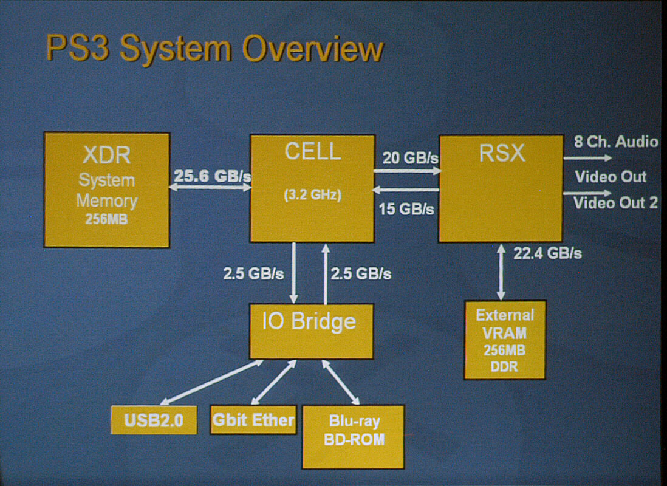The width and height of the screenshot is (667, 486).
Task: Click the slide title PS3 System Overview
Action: coord(215,50)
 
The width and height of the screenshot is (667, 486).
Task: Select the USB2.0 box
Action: coord(154,420)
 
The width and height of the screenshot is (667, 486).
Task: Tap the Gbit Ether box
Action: coord(253,420)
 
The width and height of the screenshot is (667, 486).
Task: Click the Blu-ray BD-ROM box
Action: coord(353,437)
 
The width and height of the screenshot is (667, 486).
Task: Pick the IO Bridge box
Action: coord(312,331)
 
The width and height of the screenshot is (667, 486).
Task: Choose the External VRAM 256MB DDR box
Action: coord(505,340)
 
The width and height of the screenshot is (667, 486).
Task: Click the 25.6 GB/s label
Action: coord(212,176)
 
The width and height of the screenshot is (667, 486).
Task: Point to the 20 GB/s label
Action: coord(410,158)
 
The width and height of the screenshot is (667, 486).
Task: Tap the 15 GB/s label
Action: coord(406,209)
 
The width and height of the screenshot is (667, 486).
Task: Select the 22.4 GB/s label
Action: coord(547,253)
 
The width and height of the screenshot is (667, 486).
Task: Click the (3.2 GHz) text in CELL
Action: coord(313,195)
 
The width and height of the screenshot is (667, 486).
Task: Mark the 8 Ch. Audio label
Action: coord(616,142)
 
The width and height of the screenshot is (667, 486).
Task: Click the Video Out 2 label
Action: coord(615,202)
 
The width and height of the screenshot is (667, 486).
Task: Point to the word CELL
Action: coord(313,151)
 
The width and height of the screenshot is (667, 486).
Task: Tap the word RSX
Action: coord(502,152)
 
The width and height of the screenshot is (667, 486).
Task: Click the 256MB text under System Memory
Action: coord(106,219)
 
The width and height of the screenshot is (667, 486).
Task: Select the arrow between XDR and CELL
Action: coord(210,187)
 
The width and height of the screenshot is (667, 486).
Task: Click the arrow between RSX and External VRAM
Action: coord(501,272)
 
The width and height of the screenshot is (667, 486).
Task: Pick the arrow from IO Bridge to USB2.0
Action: coord(211,382)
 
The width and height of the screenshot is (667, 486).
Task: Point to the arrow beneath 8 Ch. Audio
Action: coord(587,158)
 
